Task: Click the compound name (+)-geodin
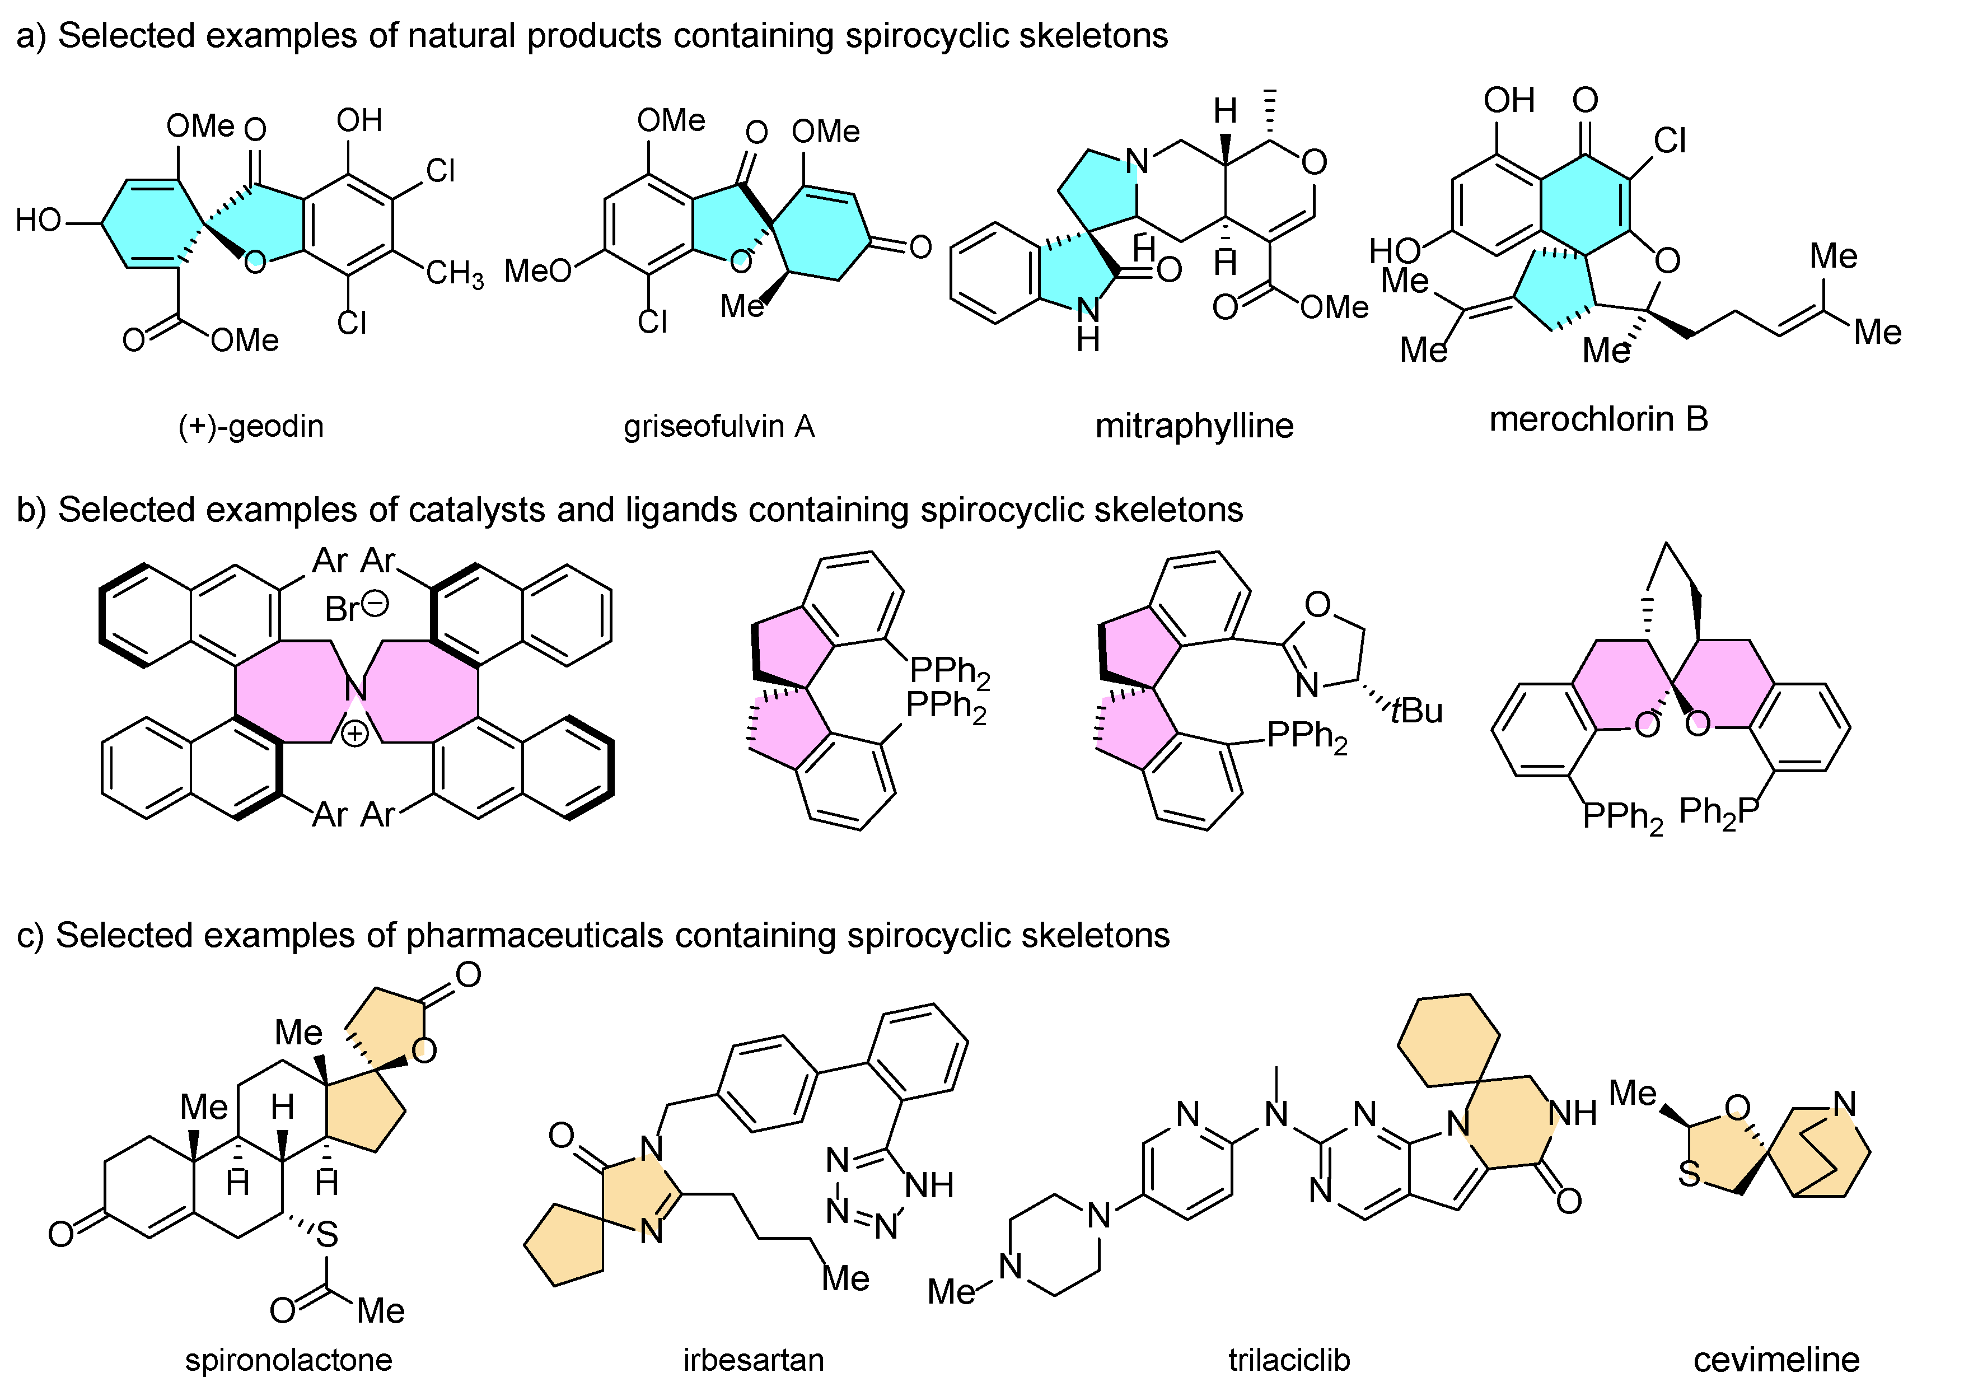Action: [250, 426]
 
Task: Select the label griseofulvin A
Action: [718, 426]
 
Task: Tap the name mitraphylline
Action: [1193, 426]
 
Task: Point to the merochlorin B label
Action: [1598, 419]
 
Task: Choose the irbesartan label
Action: [753, 1360]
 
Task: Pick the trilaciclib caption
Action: [1288, 1360]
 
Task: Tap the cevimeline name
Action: [1776, 1360]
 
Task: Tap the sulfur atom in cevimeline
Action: [1689, 1174]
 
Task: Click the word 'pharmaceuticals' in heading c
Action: [534, 935]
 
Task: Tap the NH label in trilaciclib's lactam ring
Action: [1572, 1113]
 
